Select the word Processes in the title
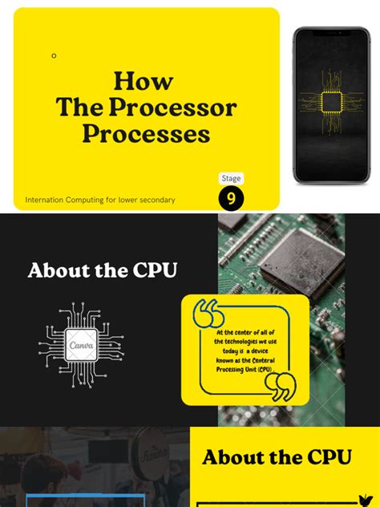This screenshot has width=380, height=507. click(146, 133)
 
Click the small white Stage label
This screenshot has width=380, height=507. click(231, 178)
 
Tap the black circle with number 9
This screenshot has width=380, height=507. click(231, 199)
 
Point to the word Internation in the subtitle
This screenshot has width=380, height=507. click(45, 200)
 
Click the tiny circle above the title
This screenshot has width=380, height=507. click(54, 56)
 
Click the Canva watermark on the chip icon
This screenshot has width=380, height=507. click(81, 346)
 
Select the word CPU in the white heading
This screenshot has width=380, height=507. click(150, 270)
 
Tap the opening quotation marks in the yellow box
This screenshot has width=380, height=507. click(208, 313)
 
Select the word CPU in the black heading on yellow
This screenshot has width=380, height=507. click(325, 457)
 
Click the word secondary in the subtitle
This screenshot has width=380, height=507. click(156, 200)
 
